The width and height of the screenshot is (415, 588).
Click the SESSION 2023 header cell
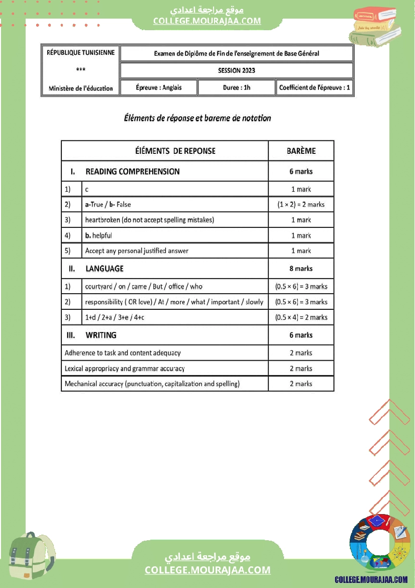(236, 71)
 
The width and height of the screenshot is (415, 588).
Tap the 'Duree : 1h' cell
(236, 88)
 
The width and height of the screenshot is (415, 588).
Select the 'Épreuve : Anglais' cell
(159, 88)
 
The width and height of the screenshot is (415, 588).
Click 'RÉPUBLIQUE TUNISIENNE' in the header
(80, 53)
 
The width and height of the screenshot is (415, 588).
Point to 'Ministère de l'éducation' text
(80, 89)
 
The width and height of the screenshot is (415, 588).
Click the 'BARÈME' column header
(301, 151)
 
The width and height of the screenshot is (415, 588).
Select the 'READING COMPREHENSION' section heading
(132, 172)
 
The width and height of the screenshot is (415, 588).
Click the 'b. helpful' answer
(98, 235)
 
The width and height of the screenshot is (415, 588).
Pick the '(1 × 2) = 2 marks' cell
(301, 205)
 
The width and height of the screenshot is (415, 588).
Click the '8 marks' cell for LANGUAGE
(301, 269)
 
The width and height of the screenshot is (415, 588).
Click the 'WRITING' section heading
(101, 335)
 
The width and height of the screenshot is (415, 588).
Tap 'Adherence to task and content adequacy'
(123, 353)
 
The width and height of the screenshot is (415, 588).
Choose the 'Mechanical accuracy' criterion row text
(152, 384)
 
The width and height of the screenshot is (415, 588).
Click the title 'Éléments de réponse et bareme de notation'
(197, 119)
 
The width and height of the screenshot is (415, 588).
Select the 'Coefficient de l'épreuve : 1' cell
(315, 88)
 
